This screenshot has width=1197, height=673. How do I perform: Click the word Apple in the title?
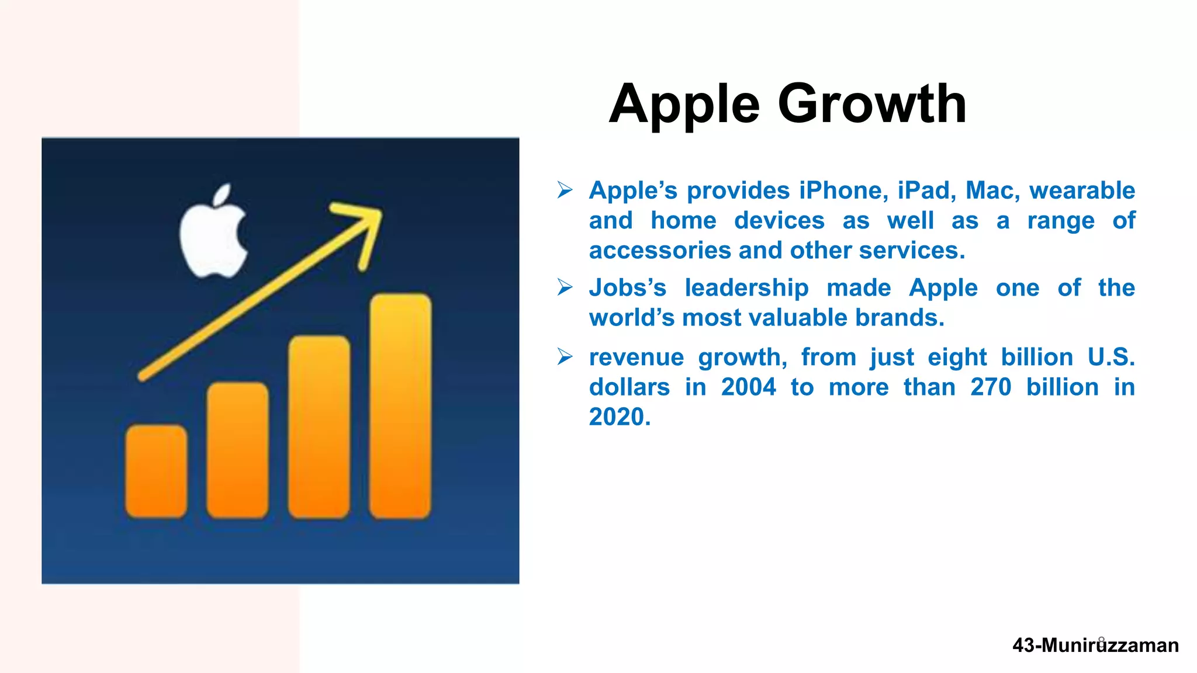coord(684,105)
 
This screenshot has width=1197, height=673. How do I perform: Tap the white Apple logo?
coord(213,234)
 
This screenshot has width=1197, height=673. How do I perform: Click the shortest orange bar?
coord(156,471)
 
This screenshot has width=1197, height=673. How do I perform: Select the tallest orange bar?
coord(400,406)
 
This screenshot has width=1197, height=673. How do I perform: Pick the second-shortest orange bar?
coord(237,450)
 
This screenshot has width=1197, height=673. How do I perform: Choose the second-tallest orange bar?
coord(319,426)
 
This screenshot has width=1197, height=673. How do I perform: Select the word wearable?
coord(1082,190)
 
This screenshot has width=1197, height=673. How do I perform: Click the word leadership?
coord(746,288)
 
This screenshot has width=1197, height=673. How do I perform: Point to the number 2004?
coord(748,387)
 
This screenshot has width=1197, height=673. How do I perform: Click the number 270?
coord(991,387)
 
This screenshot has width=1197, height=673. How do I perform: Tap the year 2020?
coord(619,417)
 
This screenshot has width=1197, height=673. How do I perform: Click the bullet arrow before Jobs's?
coord(565,287)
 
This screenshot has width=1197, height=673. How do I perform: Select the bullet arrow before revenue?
coord(565,356)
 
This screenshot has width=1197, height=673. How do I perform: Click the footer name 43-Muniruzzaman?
coord(1095,646)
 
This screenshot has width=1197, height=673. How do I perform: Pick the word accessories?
coord(660,251)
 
